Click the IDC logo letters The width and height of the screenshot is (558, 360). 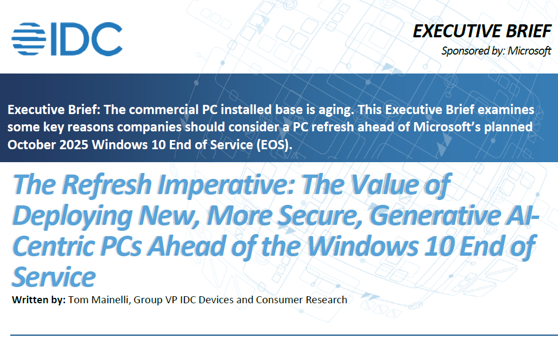(x=87, y=39)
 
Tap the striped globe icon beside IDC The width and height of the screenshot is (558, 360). (x=29, y=39)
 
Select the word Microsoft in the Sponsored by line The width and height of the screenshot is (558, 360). (x=529, y=51)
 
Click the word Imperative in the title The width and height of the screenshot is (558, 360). (x=226, y=185)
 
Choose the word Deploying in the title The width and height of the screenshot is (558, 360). (x=73, y=216)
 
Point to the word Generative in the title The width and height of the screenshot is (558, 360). (x=435, y=216)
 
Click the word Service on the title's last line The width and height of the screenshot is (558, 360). (x=54, y=277)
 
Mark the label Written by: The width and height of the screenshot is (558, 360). (x=39, y=300)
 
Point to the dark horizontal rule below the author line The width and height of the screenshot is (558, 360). (x=284, y=335)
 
